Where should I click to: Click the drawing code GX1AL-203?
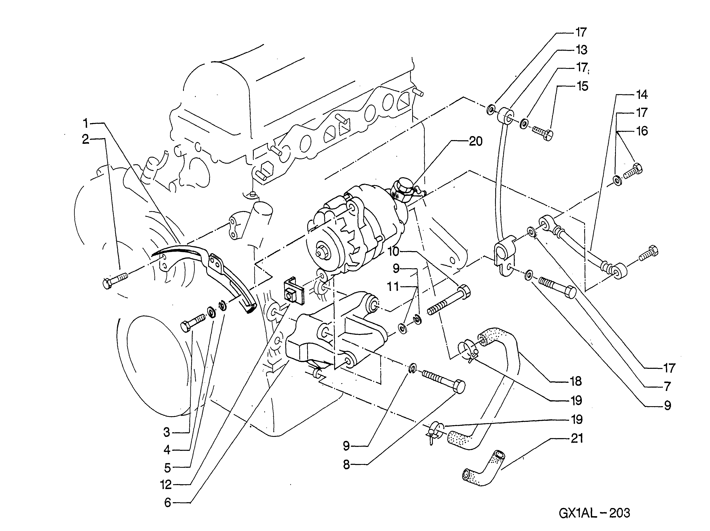pyautogui.click(x=594, y=513)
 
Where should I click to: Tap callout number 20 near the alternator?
pyautogui.click(x=476, y=141)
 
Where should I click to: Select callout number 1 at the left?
pyautogui.click(x=85, y=123)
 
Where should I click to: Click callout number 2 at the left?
pyautogui.click(x=85, y=139)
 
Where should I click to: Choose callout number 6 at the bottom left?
pyautogui.click(x=168, y=503)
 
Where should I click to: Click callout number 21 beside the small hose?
pyautogui.click(x=577, y=439)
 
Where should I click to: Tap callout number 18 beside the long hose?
pyautogui.click(x=576, y=381)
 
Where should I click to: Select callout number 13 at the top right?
pyautogui.click(x=581, y=50)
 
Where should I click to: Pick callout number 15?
pyautogui.click(x=582, y=86)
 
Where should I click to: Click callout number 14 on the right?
pyautogui.click(x=641, y=95)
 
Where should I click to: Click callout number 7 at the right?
pyautogui.click(x=668, y=387)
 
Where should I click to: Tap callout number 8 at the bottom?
pyautogui.click(x=346, y=465)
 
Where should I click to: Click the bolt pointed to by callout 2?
pyautogui.click(x=115, y=280)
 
